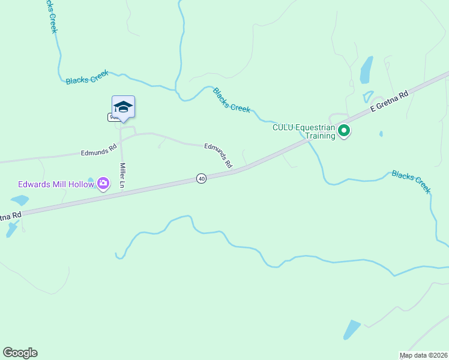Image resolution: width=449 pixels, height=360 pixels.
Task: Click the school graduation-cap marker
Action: (123, 107)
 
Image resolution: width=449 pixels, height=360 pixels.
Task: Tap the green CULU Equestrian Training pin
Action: (344, 130)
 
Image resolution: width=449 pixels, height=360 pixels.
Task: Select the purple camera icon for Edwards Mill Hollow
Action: (103, 183)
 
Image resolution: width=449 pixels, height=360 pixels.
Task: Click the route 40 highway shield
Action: (201, 179)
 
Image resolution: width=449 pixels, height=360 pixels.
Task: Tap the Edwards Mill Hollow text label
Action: (56, 184)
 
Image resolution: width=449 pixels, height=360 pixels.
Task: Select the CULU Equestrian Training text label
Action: (304, 131)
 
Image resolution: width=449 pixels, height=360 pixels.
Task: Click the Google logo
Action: (20, 353)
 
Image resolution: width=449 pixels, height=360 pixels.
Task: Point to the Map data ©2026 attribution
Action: (423, 355)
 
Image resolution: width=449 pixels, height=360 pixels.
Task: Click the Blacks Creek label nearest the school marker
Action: (87, 77)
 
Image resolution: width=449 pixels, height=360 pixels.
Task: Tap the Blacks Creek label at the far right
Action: (411, 182)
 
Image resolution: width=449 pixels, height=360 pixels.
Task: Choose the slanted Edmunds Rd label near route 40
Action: (218, 155)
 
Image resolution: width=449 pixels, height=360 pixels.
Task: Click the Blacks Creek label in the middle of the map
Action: (232, 100)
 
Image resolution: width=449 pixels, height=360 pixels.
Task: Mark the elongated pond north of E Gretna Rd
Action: (366, 70)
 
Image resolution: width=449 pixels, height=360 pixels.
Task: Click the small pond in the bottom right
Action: (351, 329)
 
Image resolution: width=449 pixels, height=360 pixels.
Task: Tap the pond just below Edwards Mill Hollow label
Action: (19, 200)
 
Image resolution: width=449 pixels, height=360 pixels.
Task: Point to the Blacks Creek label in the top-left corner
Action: (49, 16)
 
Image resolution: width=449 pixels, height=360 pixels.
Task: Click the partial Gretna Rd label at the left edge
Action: (11, 215)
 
